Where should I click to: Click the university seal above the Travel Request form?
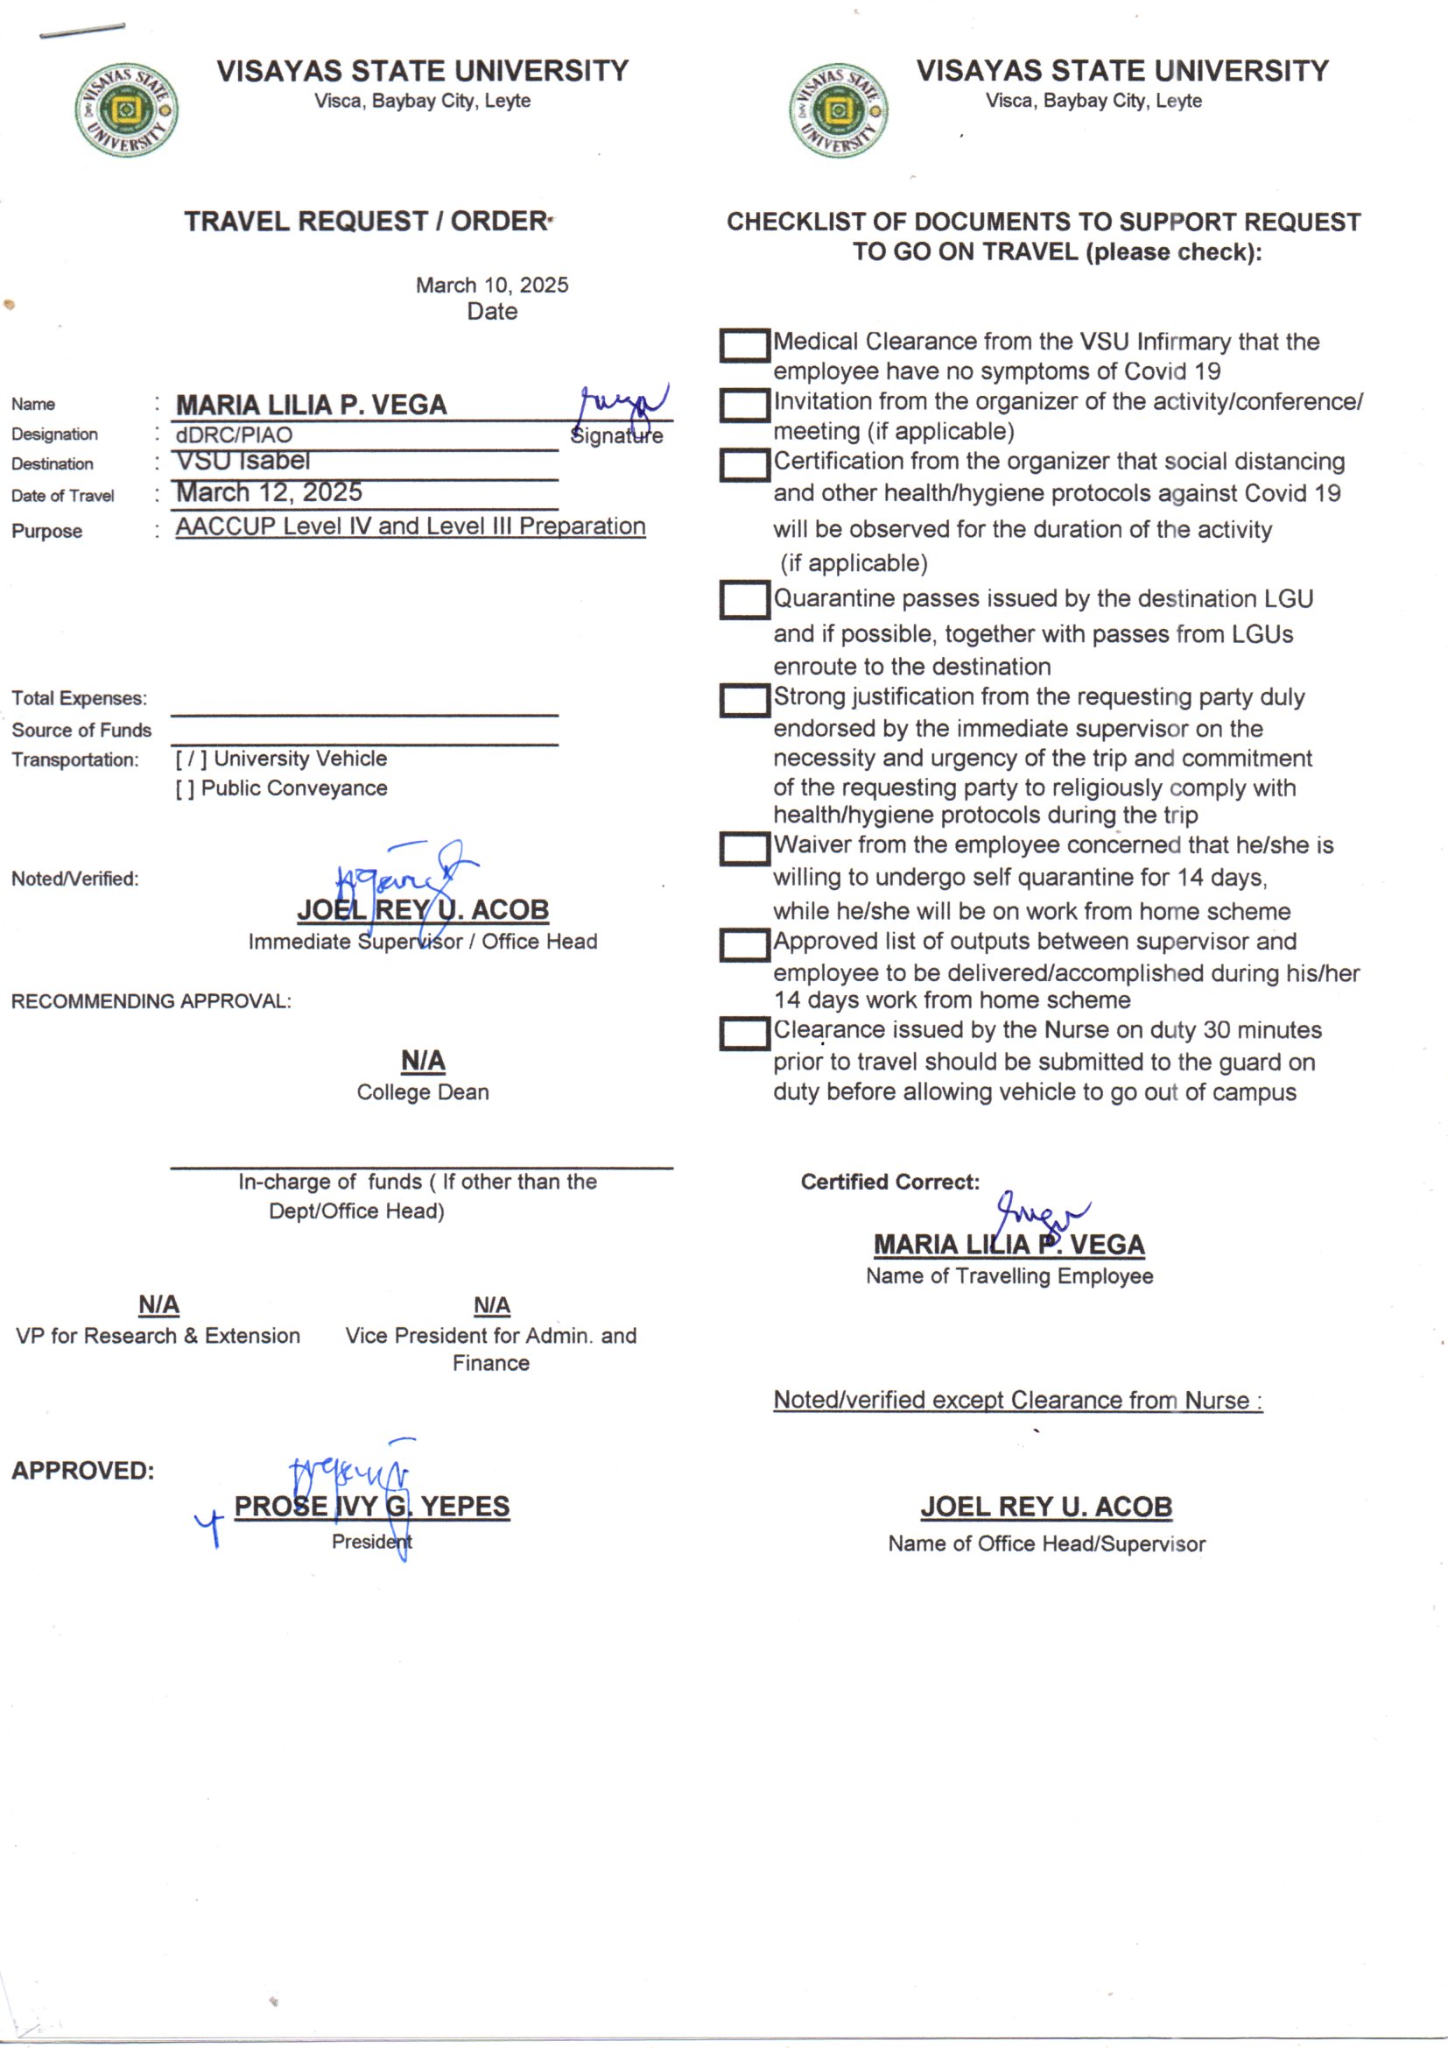point(126,110)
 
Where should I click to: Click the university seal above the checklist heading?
point(838,110)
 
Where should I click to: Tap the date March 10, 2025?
point(491,286)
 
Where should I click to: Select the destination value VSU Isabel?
point(243,461)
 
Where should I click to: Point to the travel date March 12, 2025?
point(270,492)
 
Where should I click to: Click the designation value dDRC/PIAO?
point(234,435)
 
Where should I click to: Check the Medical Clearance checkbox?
point(743,345)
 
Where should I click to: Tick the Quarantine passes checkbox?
point(743,600)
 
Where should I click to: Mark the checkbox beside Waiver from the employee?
point(743,848)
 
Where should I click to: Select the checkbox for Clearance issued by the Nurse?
point(743,1034)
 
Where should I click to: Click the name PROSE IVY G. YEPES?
point(372,1507)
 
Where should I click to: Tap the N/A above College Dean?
point(423,1061)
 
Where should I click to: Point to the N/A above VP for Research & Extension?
point(158,1305)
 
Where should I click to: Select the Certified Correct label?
point(889,1182)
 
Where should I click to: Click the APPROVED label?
point(83,1471)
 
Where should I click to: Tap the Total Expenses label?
point(80,698)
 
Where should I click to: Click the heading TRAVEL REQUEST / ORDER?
point(366,222)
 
